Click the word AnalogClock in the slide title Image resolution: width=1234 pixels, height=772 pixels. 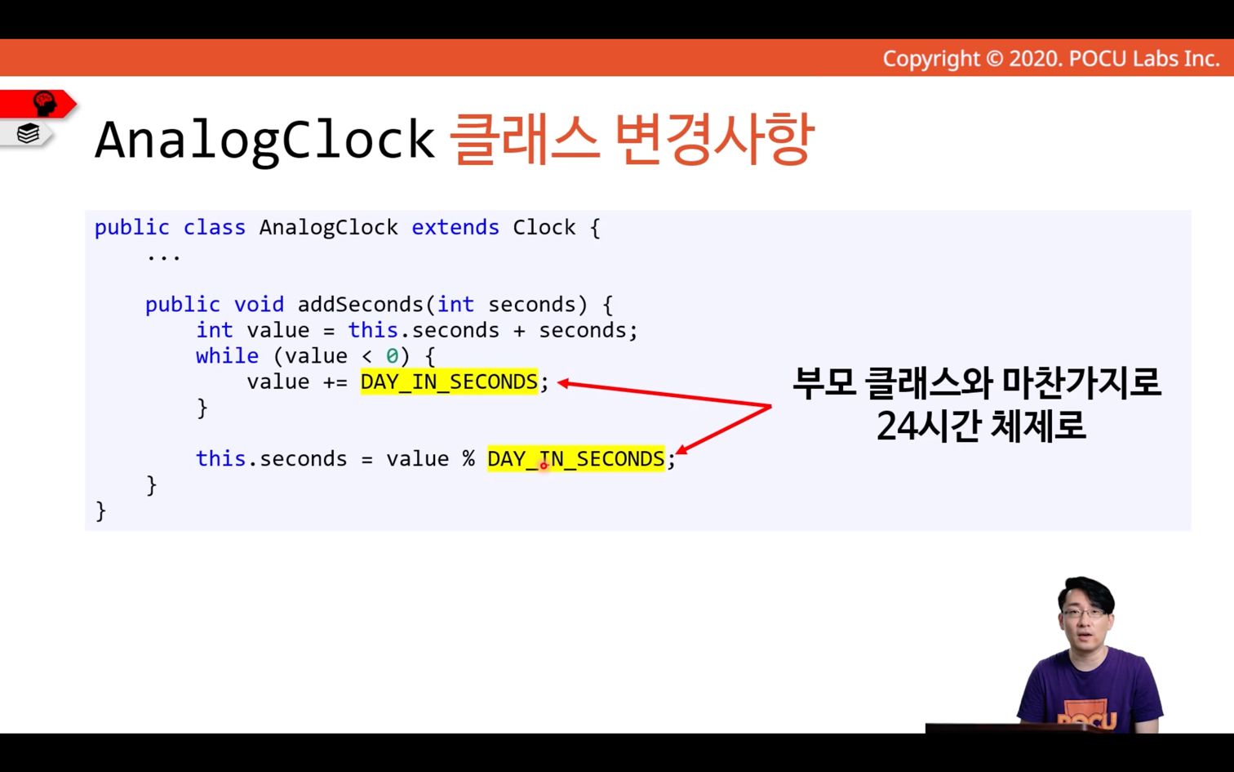pos(264,141)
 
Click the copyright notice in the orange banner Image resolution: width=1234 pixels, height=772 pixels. pos(1051,59)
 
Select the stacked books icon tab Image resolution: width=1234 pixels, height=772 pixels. pos(28,133)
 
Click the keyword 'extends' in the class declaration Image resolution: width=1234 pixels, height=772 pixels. pos(455,227)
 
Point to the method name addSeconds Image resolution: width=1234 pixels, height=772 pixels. pos(360,305)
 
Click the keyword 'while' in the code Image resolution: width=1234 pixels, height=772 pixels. pos(227,356)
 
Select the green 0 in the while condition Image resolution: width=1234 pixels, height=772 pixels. pos(392,356)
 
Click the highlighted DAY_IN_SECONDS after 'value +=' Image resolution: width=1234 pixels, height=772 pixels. pos(449,382)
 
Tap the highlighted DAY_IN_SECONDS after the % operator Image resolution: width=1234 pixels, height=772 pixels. pos(575,459)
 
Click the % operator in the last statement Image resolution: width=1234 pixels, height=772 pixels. pos(468,459)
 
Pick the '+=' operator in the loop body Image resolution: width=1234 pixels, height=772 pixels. pos(335,382)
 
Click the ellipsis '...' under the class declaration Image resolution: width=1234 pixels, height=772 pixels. pos(163,257)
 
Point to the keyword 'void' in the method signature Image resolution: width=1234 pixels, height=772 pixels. pos(259,305)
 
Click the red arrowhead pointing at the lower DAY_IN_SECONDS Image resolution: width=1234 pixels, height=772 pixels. pos(682,450)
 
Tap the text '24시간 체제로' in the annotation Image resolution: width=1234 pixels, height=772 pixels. pos(981,426)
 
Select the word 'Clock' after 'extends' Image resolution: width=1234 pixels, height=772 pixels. pos(544,227)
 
